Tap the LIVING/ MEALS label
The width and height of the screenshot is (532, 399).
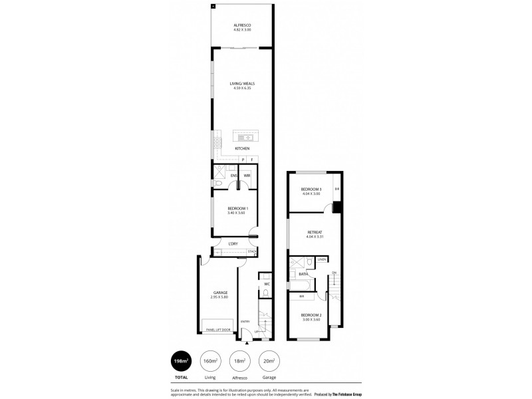241,84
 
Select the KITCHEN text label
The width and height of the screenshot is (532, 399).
241,148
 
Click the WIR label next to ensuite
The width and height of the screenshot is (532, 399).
246,176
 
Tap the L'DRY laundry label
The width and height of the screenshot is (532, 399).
233,244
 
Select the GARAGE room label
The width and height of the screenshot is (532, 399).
221,293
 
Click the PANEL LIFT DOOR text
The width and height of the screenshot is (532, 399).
218,329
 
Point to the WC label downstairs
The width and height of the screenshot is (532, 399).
265,284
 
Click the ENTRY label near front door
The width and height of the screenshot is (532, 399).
245,322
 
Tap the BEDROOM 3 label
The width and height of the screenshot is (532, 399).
311,190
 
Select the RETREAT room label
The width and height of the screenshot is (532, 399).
315,233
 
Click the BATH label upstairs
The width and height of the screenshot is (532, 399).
303,273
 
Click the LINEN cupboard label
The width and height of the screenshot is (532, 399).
321,259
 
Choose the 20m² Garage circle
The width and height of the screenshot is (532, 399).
269,361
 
